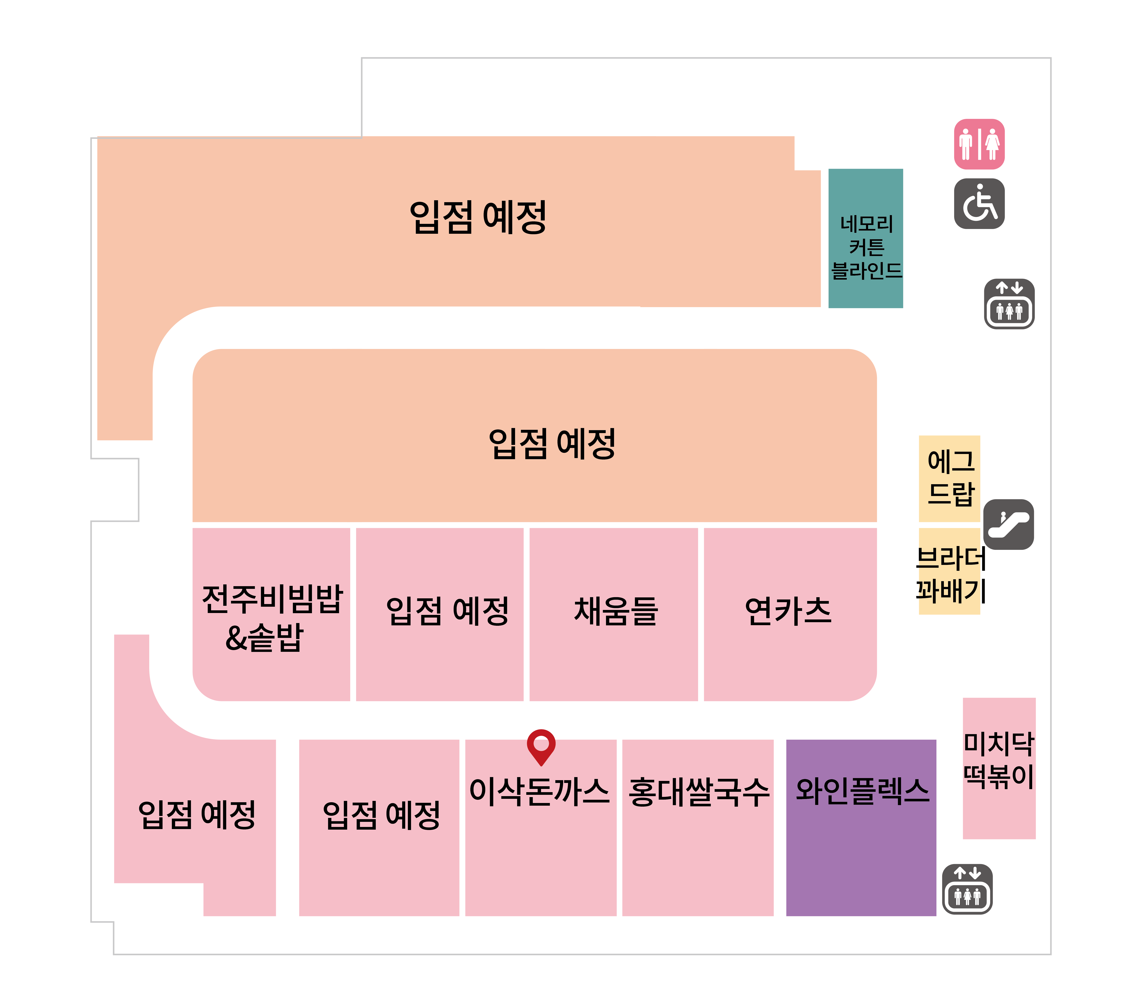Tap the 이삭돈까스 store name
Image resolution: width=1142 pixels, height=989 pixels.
pos(540,791)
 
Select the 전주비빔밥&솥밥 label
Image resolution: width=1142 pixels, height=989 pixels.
pos(272,618)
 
